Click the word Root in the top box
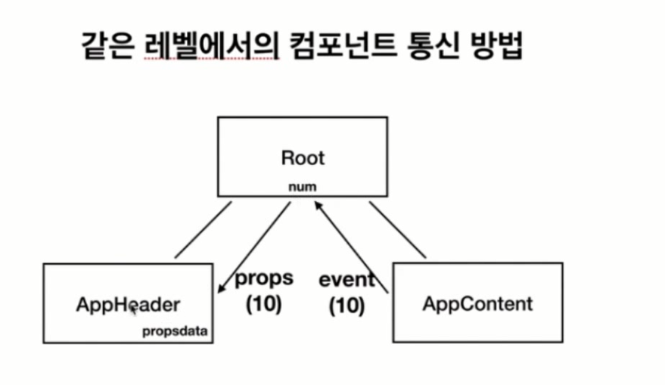coord(302,158)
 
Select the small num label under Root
coord(303,187)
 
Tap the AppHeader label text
coord(128,305)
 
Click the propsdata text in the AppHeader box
coord(176,331)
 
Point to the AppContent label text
coord(477,304)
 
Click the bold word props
coord(263,278)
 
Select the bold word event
coord(346,280)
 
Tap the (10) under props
coord(263,304)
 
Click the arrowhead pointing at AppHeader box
coord(220,288)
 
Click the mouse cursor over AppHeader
coord(133,307)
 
